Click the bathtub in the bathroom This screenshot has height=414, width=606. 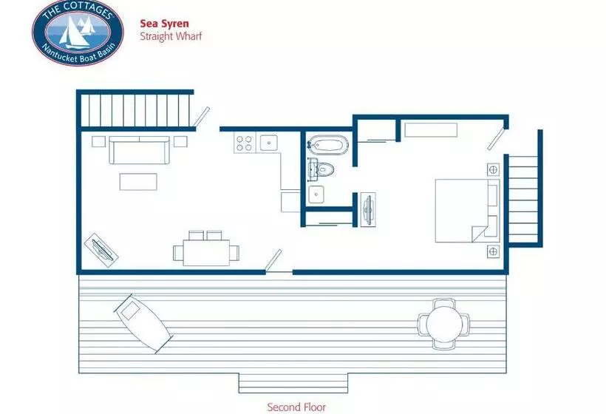327,145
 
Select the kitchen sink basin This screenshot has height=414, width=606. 268,143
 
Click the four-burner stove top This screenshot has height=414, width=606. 245,143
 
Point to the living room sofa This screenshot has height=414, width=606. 139,150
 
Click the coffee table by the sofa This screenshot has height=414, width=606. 138,182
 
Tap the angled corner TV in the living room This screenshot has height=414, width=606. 101,250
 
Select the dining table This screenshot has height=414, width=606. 206,253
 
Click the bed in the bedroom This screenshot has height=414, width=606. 467,210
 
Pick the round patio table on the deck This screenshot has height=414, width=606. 444,324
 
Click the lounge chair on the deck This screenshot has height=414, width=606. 143,324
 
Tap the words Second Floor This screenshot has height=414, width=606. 296,407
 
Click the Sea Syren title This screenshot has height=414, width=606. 164,24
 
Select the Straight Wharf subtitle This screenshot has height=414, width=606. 171,36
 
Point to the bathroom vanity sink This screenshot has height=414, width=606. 316,194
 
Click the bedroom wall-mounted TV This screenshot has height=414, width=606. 368,209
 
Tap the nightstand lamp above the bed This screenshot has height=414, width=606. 493,169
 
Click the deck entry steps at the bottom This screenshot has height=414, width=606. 293,383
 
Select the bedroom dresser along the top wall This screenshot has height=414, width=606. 431,130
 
